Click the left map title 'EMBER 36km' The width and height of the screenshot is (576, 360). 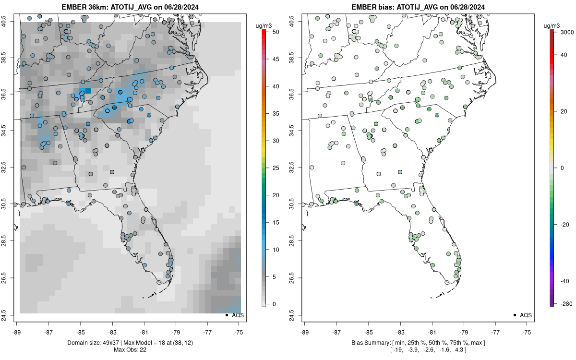[85, 7]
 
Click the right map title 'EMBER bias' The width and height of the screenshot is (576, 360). [373, 7]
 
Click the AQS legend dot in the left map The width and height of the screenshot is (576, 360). [226, 315]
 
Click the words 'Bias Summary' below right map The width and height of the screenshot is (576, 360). [368, 342]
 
